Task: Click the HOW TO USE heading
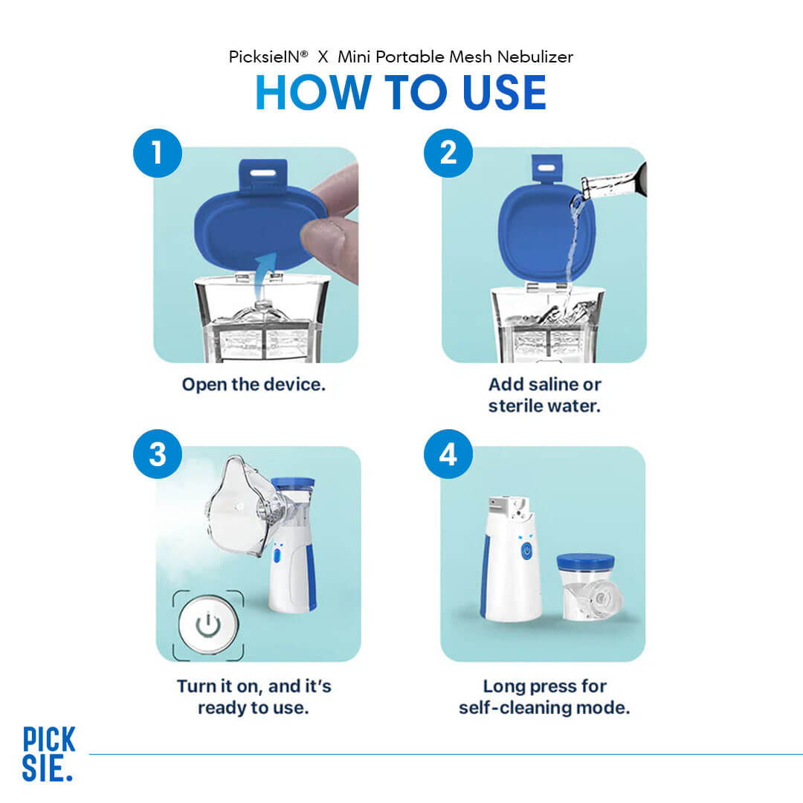[401, 94]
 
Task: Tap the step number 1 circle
[158, 153]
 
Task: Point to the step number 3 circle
[158, 454]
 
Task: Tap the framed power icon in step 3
[208, 625]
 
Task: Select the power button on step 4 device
[526, 551]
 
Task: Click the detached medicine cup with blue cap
[587, 587]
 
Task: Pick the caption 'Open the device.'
[254, 385]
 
